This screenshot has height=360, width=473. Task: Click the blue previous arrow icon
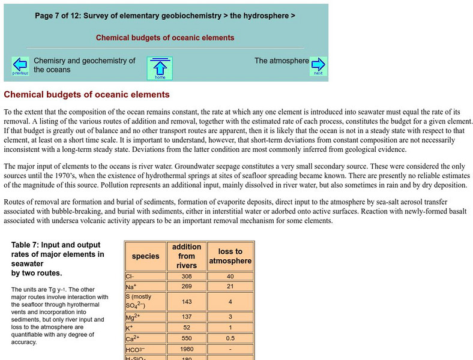tap(20, 66)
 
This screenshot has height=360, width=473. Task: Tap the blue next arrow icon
tap(318, 66)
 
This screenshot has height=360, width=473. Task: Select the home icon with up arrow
tap(160, 68)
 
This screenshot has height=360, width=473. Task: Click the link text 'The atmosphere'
tap(282, 61)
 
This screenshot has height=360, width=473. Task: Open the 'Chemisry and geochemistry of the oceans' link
tap(84, 65)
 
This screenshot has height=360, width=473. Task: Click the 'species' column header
tap(145, 256)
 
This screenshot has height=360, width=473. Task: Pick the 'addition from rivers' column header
tap(187, 256)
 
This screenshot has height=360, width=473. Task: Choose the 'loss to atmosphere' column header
tap(230, 256)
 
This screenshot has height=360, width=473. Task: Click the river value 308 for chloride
tap(187, 277)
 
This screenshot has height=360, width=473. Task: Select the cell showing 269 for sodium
tap(187, 287)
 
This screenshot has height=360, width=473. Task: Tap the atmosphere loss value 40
tap(230, 277)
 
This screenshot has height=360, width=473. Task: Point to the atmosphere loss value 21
tap(230, 287)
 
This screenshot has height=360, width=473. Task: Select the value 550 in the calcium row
tap(187, 338)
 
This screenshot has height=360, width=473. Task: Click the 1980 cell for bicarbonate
tap(187, 349)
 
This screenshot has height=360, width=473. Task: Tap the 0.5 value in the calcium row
tap(230, 338)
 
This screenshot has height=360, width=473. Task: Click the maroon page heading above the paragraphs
tap(87, 94)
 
